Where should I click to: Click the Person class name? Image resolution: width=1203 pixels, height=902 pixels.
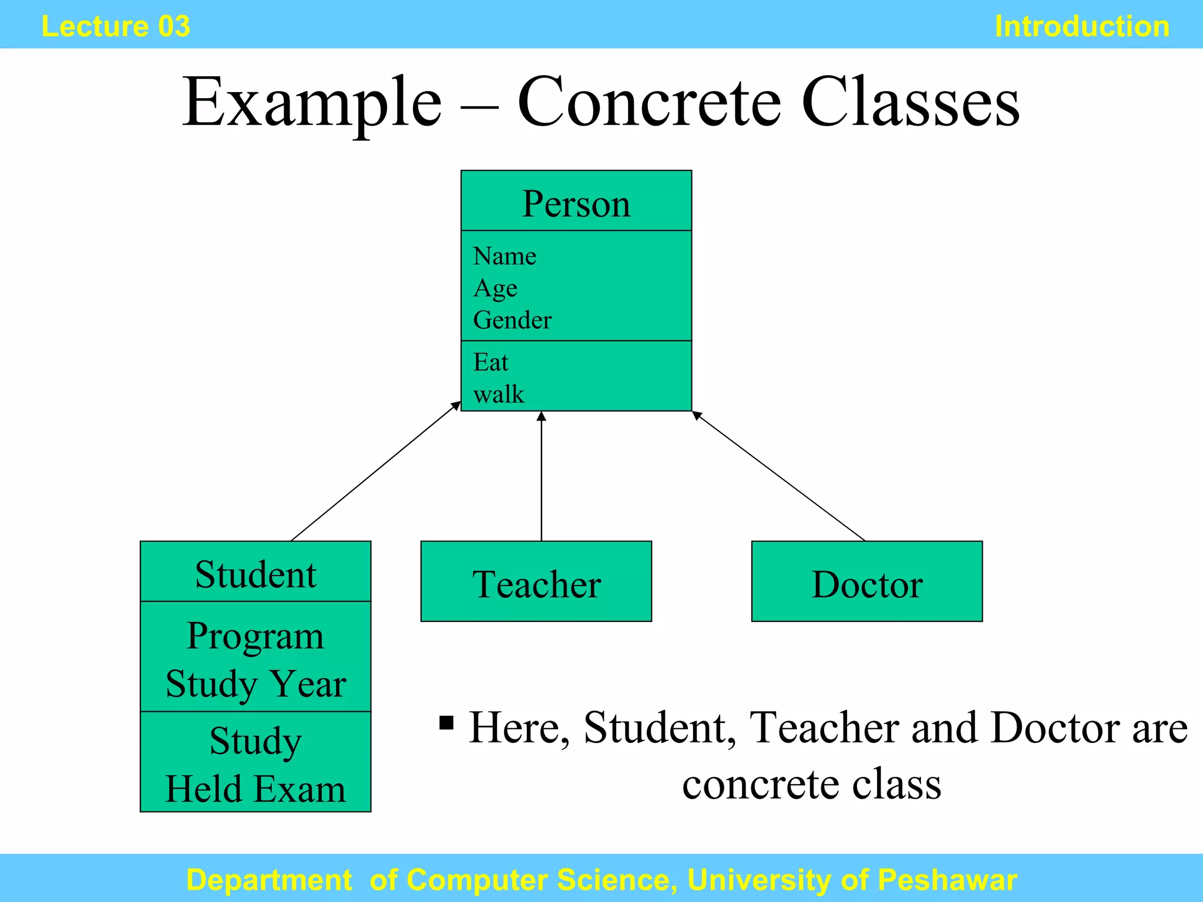tap(576, 204)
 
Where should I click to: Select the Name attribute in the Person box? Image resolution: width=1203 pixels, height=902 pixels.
tap(505, 256)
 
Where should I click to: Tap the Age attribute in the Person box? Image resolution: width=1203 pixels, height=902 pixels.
tap(495, 288)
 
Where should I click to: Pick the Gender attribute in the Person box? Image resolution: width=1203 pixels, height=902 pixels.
tap(512, 320)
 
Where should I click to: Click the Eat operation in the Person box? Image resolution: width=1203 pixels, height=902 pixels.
tap(490, 362)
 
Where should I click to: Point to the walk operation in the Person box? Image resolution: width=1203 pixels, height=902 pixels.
tap(498, 394)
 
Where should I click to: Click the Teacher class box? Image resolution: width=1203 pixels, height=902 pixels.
tap(536, 581)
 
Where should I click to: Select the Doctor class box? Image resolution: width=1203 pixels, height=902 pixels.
tap(866, 581)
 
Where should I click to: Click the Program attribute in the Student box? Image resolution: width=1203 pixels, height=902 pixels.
tap(256, 636)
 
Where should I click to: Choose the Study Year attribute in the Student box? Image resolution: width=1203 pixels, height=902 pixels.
tap(256, 684)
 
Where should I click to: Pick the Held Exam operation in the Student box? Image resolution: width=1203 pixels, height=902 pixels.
tap(256, 789)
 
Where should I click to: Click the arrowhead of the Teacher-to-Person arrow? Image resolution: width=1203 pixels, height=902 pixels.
tap(542, 416)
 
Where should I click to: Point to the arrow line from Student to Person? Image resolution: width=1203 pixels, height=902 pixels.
tap(376, 471)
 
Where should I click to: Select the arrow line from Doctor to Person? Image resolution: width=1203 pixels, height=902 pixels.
tap(778, 476)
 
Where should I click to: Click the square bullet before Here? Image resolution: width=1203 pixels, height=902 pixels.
tap(446, 722)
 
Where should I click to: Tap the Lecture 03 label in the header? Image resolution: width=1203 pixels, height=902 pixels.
tap(116, 26)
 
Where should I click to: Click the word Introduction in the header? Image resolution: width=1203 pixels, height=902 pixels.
tap(1081, 26)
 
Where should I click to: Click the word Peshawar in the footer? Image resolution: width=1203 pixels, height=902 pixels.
tap(947, 880)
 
